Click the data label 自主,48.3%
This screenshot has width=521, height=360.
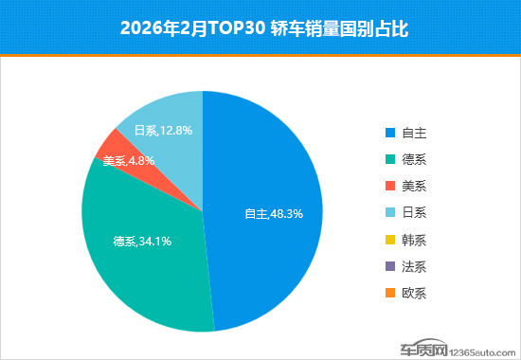(x=274, y=214)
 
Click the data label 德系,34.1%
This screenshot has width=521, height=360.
(x=142, y=241)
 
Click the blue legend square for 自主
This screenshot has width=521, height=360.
(x=389, y=134)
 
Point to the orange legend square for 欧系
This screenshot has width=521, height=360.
(x=389, y=293)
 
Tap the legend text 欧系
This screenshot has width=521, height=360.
(x=414, y=293)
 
